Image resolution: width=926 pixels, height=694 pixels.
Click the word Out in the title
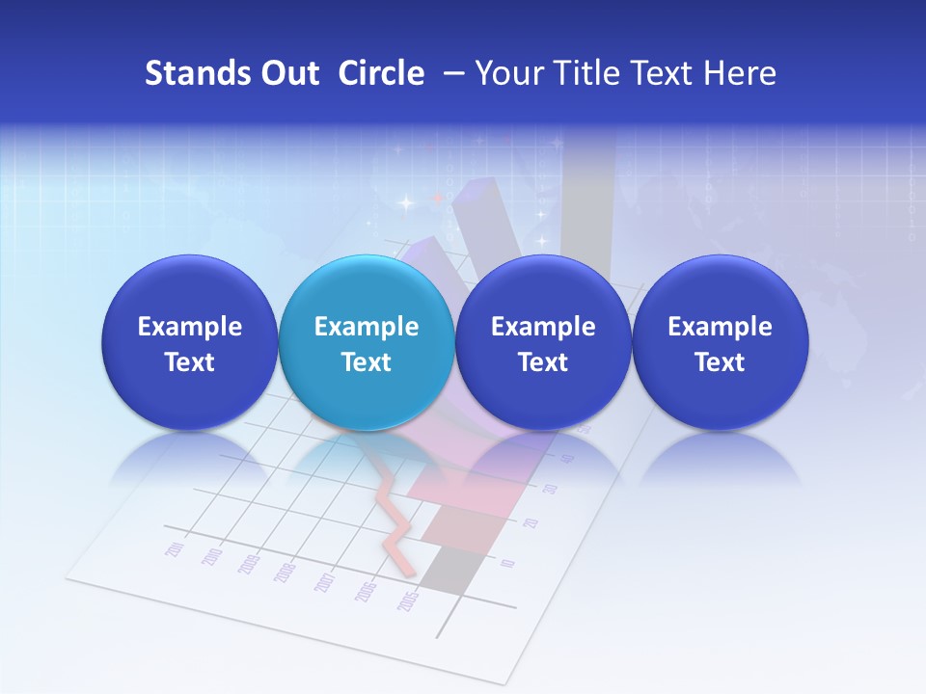tap(288, 73)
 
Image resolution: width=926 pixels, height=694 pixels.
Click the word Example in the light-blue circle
tap(367, 327)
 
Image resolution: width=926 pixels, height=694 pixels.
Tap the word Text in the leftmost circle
tap(189, 362)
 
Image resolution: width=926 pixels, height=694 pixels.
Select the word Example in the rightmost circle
tap(720, 327)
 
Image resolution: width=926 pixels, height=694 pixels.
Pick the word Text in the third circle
tap(543, 362)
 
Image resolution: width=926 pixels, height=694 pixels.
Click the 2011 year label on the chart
tap(176, 549)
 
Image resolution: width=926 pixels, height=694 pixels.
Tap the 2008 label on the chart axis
tap(284, 572)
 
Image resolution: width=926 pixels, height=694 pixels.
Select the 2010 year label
tap(212, 557)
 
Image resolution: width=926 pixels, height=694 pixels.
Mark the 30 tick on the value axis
tap(551, 489)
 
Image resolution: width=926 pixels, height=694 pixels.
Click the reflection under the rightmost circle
tap(720, 458)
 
